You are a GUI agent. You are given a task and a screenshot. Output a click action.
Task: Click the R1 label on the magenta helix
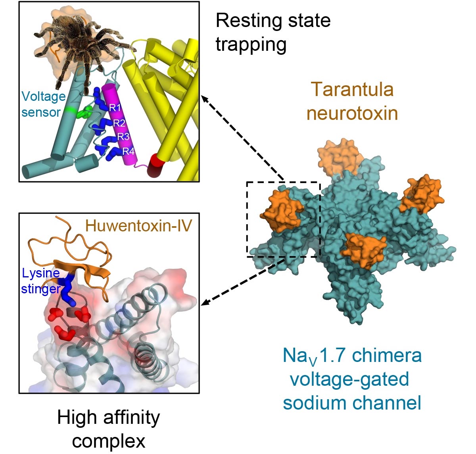115,108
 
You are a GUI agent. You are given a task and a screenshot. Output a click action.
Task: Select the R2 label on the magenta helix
119,123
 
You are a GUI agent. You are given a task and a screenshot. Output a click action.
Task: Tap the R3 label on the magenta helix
123,137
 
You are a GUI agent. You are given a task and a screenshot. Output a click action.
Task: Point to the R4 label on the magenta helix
128,151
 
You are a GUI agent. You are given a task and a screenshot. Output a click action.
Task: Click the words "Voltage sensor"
43,104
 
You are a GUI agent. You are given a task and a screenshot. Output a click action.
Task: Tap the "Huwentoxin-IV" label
138,225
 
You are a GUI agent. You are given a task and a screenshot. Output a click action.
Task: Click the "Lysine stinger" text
41,281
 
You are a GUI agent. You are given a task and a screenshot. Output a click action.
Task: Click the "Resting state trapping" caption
273,32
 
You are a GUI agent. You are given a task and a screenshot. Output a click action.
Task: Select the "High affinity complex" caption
108,429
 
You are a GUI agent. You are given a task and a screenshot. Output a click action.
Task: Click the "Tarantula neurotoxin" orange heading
352,101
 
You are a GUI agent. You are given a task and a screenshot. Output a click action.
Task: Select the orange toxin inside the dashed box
280,211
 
